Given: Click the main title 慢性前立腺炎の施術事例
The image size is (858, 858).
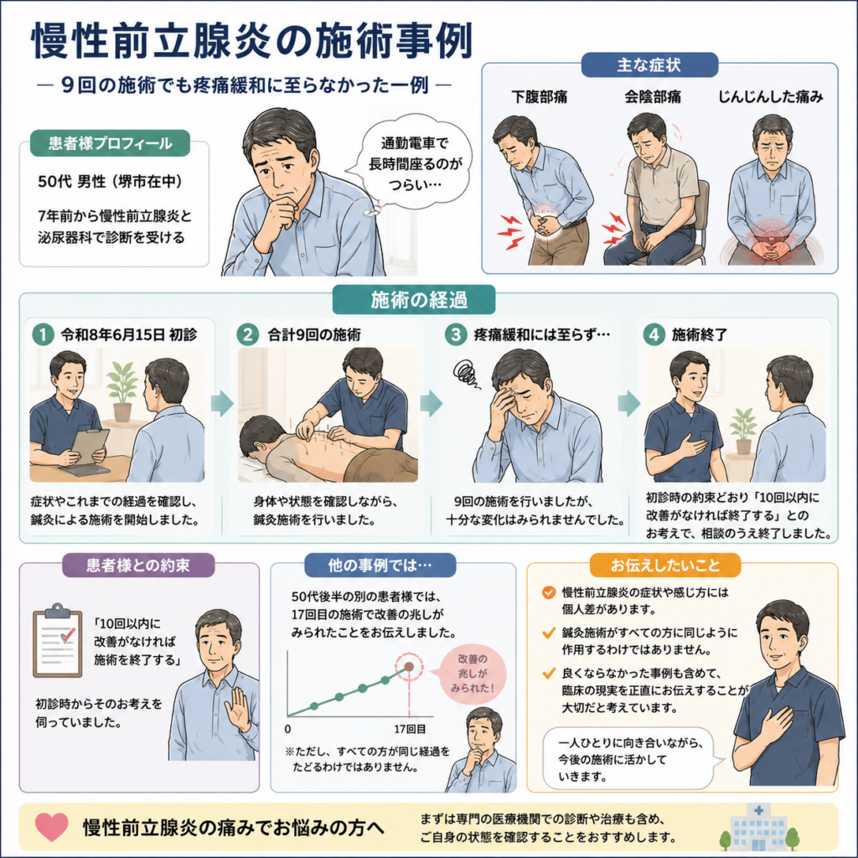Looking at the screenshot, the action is [x=252, y=40].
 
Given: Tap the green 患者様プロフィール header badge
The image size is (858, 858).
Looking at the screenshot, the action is [x=110, y=143].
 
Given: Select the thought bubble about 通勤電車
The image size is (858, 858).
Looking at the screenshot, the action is [x=415, y=163].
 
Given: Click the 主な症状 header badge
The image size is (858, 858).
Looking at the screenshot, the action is [x=649, y=65].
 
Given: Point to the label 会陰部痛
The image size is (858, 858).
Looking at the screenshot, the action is [x=653, y=97].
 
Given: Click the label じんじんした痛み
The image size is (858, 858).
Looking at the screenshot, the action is [x=771, y=97].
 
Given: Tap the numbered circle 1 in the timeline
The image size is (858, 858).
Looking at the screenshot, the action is [x=43, y=333].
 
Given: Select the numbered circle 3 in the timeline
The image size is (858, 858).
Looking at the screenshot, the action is [x=455, y=333].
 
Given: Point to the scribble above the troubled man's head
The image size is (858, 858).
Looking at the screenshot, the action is [x=465, y=374].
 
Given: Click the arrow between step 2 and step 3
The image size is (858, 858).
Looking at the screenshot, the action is [x=432, y=403].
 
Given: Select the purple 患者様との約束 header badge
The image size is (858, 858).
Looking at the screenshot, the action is [x=138, y=565].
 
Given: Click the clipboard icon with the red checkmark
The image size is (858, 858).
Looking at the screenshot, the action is [x=58, y=640].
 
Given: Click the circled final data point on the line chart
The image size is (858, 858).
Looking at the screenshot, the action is [x=409, y=666].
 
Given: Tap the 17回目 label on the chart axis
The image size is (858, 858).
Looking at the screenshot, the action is [x=410, y=729].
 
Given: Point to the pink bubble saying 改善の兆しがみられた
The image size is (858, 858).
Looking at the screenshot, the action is [x=473, y=674].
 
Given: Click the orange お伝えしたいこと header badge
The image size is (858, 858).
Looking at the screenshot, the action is [x=665, y=565].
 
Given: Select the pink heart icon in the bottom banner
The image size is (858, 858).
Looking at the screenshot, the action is [x=51, y=826].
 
